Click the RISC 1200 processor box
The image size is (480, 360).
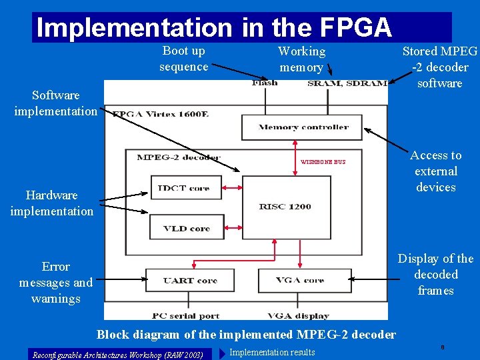pos(285,207)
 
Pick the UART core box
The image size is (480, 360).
pos(190,280)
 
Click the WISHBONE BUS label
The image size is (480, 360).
pos(323,162)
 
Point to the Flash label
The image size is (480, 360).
pos(265,83)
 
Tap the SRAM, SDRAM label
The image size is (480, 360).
pos(347,83)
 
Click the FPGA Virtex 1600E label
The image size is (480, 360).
pos(160,114)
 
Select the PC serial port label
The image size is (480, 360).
pos(186,315)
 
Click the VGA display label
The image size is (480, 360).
pos(298,315)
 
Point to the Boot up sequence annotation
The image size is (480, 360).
pos(183,59)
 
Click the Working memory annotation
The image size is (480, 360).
pos(301,59)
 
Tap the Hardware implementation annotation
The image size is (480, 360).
pos(51,203)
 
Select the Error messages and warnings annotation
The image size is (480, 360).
pos(56,283)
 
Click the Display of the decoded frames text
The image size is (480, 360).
pos(435,275)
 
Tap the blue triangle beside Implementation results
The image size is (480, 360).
pos(222,352)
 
